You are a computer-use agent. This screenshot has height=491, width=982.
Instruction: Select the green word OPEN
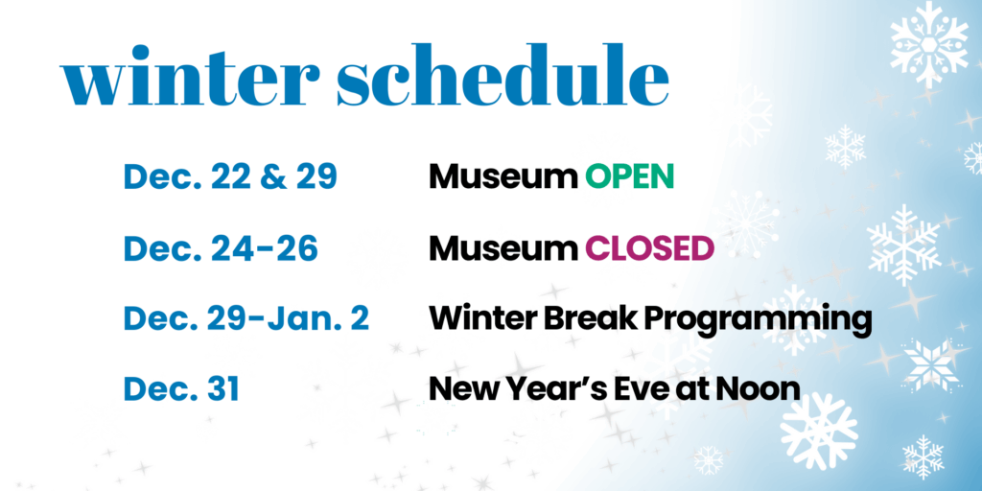(x=629, y=177)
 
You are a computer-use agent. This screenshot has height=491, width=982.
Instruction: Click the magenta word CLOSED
(x=649, y=248)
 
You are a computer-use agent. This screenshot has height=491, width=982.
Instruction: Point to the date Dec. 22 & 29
(x=230, y=177)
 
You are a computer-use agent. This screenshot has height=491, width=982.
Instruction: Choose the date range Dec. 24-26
(x=222, y=248)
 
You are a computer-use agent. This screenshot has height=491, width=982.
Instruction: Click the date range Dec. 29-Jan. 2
(x=246, y=318)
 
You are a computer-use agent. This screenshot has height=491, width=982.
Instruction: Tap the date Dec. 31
(x=181, y=389)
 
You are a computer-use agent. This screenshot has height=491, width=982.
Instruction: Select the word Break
(x=596, y=318)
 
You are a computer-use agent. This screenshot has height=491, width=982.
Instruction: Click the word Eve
(x=632, y=389)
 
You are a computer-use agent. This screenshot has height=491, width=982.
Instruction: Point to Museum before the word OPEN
(x=503, y=177)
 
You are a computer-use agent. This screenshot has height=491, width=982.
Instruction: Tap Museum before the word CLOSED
(x=503, y=248)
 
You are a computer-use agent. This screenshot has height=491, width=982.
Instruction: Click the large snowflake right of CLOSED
(x=903, y=245)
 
